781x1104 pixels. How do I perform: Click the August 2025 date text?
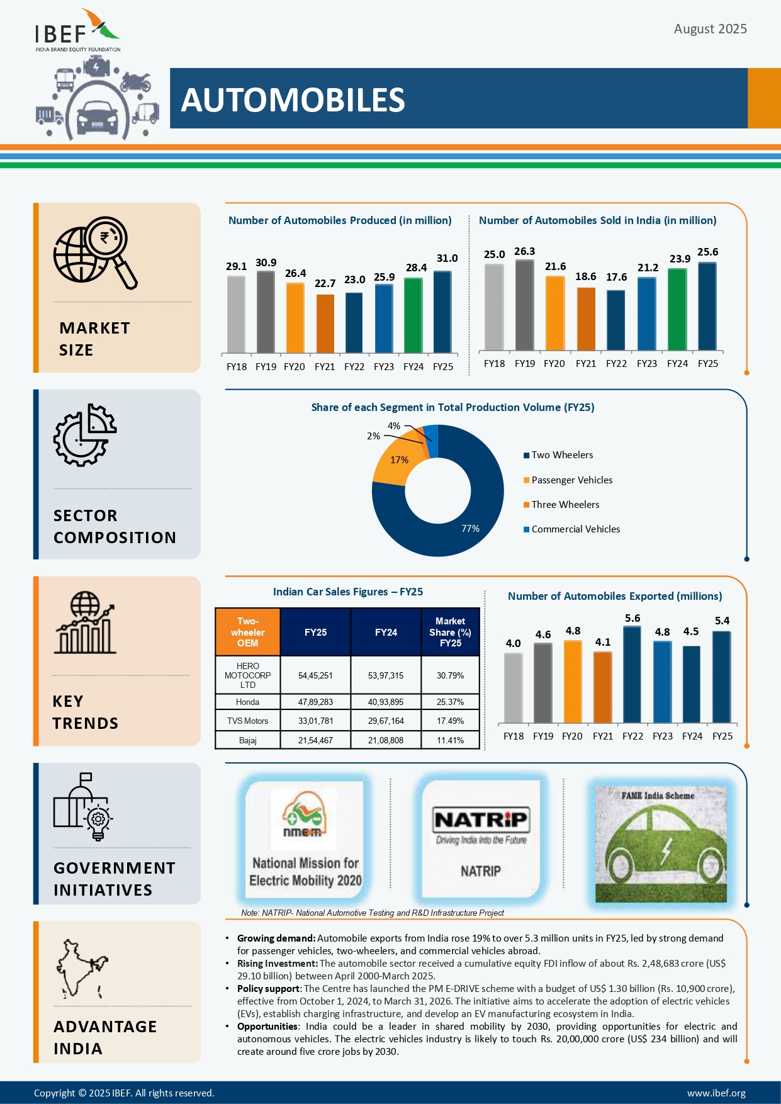710,29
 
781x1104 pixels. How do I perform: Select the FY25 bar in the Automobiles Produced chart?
442,312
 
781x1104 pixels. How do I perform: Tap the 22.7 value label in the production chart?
325,283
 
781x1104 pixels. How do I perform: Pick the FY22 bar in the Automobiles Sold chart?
615,320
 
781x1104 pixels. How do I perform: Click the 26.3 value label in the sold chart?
524,251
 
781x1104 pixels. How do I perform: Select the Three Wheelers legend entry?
565,505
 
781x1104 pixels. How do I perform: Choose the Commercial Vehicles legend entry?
575,529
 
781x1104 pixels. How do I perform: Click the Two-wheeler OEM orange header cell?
247,632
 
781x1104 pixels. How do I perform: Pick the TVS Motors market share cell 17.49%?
450,721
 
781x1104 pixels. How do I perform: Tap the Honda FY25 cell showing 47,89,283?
315,702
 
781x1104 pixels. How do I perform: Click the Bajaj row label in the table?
247,740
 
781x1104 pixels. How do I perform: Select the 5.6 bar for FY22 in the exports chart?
632,675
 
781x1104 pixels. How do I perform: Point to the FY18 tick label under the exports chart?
513,736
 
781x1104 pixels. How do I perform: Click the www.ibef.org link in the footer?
716,1093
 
